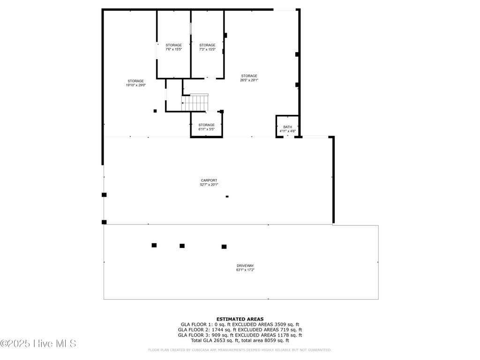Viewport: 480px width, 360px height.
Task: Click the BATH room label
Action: coord(287,127)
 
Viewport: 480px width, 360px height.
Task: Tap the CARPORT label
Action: coord(209,180)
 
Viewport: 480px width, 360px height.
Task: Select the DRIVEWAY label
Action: coord(245,266)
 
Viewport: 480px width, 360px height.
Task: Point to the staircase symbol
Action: coord(195,103)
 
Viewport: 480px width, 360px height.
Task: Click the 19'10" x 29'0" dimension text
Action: coord(135,85)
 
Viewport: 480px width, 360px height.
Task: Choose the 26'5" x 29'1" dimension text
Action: coord(249,80)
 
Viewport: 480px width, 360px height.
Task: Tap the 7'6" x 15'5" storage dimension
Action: coord(174,49)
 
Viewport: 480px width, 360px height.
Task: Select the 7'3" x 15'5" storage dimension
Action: coord(207,49)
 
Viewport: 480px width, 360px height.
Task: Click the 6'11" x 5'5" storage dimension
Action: coord(206,129)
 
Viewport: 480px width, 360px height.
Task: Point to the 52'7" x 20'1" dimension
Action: coord(209,185)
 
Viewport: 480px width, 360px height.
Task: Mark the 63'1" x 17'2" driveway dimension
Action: coord(245,270)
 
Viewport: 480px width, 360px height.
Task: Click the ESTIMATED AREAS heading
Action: coord(240,319)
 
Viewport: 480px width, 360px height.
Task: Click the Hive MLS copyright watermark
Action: coord(38,344)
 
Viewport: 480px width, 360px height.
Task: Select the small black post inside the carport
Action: coord(227,196)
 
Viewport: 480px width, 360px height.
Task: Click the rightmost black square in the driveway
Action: coord(224,247)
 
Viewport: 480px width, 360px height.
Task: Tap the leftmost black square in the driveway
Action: coord(154,245)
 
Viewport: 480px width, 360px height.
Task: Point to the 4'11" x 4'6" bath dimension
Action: coord(287,131)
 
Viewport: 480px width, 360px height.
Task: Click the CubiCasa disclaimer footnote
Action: coord(240,350)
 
